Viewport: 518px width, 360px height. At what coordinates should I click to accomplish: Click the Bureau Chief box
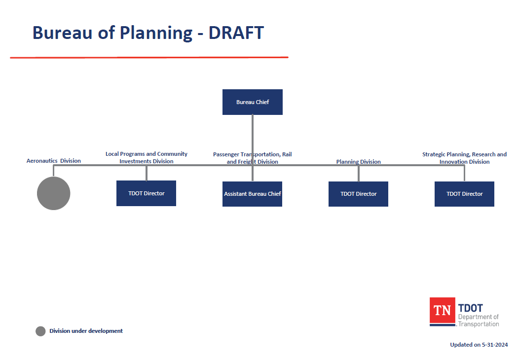point(253,102)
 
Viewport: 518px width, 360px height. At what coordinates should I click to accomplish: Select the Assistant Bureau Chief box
point(253,194)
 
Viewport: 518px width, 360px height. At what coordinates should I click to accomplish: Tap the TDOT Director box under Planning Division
point(359,194)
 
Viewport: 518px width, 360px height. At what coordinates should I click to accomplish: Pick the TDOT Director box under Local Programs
point(147,193)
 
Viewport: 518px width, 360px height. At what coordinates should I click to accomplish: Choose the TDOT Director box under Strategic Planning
point(465,194)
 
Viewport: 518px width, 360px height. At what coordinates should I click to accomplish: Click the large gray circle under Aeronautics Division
point(53,193)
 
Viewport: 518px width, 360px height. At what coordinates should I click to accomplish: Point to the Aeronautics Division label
point(53,161)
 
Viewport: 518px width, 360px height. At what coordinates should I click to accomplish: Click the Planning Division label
point(359,161)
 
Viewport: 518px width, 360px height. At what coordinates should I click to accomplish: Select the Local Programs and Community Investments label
point(147,157)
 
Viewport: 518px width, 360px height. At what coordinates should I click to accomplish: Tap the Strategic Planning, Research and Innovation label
point(465,158)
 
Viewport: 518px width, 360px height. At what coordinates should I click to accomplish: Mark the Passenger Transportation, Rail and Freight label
point(253,158)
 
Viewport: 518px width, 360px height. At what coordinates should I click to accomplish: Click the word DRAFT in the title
point(236,33)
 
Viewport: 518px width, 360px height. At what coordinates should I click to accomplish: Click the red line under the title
point(149,58)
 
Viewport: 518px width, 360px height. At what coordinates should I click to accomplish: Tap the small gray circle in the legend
point(40,331)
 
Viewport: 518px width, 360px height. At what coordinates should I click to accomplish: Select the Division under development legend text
point(86,331)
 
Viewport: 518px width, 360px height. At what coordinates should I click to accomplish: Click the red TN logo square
point(443,311)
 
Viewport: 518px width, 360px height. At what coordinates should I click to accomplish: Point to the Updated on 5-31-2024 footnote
point(479,345)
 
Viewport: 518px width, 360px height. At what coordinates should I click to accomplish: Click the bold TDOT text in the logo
point(471,308)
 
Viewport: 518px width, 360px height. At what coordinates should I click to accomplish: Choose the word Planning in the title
point(156,34)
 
